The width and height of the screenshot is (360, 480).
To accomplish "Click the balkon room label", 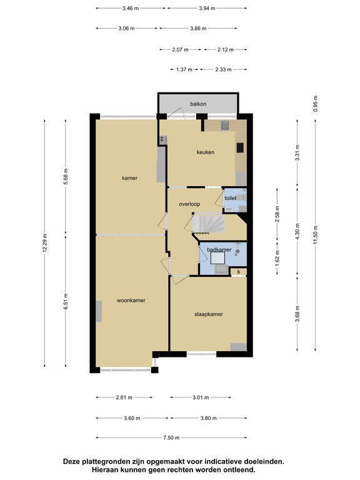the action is [x=198, y=104].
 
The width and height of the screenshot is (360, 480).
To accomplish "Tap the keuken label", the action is [x=206, y=152].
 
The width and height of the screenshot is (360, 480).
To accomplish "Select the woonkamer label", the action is [x=131, y=301].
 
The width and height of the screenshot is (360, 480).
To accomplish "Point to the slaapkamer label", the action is [x=209, y=314].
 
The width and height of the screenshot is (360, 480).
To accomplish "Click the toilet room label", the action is [x=230, y=198].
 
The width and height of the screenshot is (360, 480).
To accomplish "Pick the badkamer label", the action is [x=219, y=250].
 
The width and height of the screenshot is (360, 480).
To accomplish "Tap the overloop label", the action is [x=189, y=204].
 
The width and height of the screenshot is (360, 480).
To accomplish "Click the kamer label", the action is [x=130, y=178].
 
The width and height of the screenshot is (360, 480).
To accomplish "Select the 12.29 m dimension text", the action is [x=45, y=243].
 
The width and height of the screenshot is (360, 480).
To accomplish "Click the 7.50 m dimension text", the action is [x=171, y=437].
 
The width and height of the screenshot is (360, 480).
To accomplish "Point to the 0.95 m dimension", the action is [x=316, y=104].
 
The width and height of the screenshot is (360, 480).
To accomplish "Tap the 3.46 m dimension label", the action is [x=131, y=8].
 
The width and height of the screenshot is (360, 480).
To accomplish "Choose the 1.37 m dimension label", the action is [x=184, y=69].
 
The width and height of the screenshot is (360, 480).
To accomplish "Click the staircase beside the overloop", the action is [x=209, y=223].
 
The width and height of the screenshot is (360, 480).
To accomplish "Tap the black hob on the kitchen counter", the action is [x=240, y=147].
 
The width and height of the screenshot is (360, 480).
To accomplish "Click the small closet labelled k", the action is [x=239, y=272].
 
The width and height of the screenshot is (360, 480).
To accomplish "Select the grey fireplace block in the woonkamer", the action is [x=99, y=311].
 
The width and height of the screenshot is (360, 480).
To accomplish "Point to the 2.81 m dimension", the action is [x=124, y=397].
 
